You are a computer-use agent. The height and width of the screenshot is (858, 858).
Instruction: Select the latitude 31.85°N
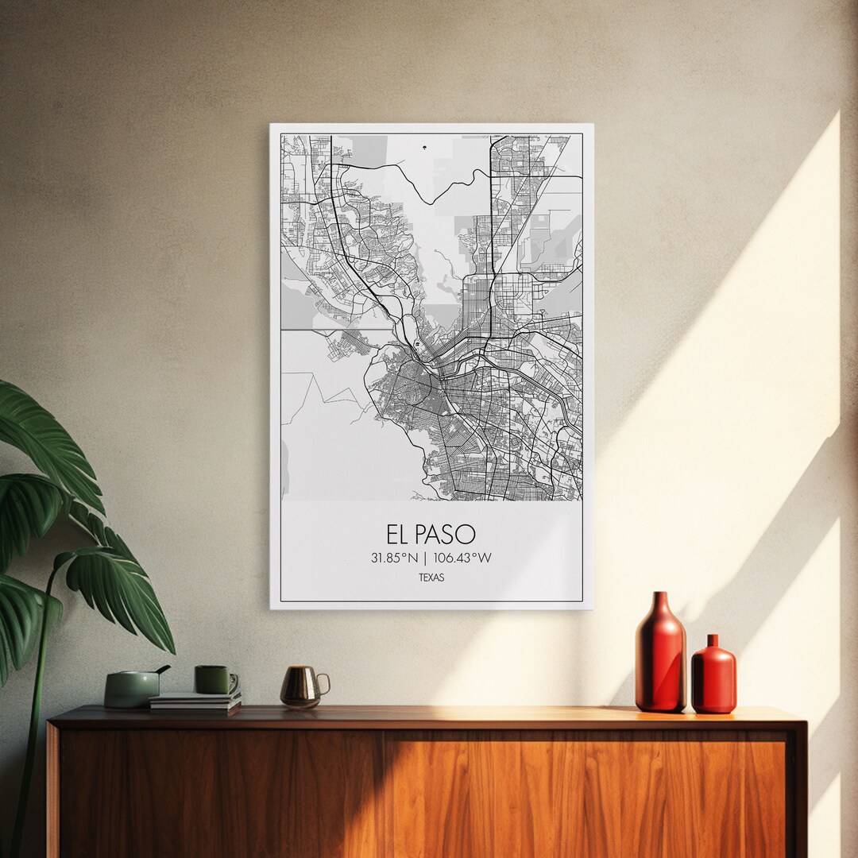point(394,558)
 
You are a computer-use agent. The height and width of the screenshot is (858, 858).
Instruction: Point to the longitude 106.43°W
point(463,558)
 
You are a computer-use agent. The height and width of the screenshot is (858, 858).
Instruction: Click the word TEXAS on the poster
point(431,578)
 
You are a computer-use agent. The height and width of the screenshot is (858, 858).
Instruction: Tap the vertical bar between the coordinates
point(426,558)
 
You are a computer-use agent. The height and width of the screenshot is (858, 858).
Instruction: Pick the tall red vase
point(659,655)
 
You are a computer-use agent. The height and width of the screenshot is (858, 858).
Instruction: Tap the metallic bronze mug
point(301,687)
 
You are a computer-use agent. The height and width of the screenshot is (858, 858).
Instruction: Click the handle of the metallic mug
point(323,683)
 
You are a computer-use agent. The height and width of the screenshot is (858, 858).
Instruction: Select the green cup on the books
point(213,680)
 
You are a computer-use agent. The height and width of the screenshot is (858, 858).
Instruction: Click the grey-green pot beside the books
point(131,689)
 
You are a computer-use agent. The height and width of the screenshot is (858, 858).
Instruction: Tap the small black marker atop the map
point(423,145)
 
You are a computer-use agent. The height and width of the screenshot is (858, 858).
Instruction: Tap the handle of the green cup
point(233,681)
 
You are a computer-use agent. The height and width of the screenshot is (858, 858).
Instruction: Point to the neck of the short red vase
point(713,640)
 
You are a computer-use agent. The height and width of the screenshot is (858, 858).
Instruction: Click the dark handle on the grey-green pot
point(162,670)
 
